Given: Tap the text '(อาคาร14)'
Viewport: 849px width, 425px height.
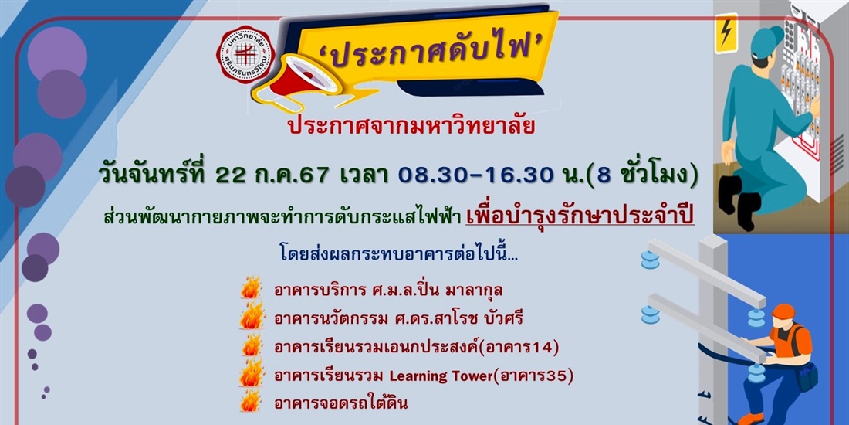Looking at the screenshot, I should (525, 347).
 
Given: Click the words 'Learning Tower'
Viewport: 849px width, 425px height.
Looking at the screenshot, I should (436, 376).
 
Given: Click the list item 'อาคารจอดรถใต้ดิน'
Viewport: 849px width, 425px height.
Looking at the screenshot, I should (340, 403).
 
